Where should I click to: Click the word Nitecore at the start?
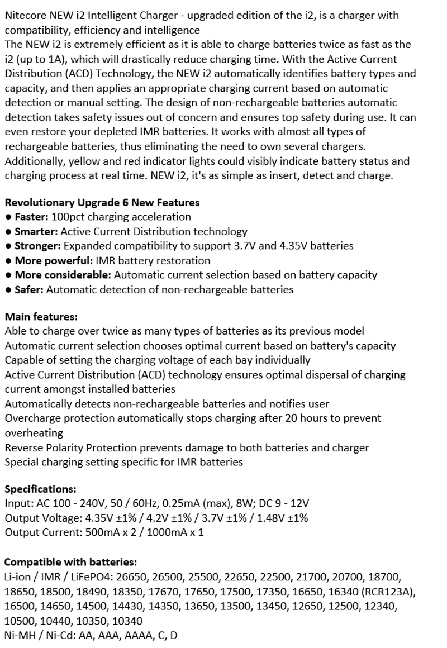(25, 16)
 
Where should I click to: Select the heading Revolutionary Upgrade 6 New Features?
(102, 202)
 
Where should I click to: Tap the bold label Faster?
(31, 217)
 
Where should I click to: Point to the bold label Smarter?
(36, 231)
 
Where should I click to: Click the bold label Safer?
(29, 289)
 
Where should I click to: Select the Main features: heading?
(41, 317)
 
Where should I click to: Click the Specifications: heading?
(40, 489)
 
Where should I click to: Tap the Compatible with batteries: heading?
(70, 562)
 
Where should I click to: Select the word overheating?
(34, 433)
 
